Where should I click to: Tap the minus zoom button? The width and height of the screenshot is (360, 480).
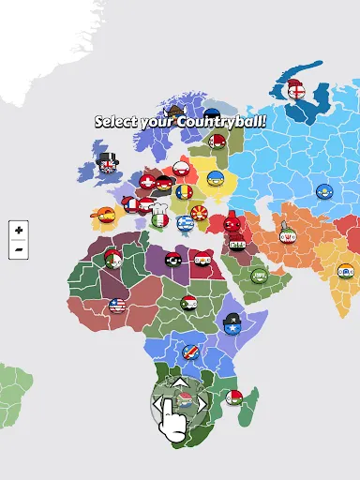[18, 248]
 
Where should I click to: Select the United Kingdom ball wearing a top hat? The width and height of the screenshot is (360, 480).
[107, 167]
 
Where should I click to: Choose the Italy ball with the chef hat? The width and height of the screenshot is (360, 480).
[158, 218]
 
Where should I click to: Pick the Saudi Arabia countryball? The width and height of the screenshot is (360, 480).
[259, 276]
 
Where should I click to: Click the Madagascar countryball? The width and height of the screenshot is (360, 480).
[234, 397]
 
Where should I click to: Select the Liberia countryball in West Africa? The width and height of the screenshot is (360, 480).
[117, 306]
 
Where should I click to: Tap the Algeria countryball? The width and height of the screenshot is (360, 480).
[113, 259]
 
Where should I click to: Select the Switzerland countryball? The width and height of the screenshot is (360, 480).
[147, 181]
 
